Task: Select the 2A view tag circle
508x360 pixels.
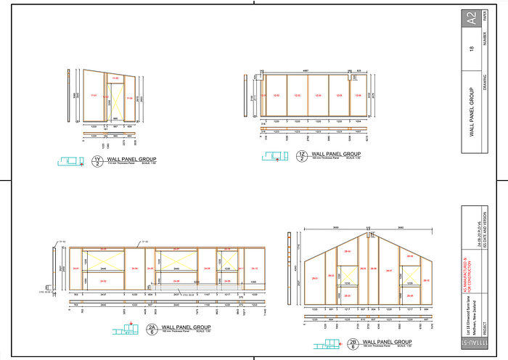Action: click(152, 329)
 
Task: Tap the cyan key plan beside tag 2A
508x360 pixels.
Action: click(125, 329)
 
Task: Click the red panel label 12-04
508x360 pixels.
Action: click(317, 94)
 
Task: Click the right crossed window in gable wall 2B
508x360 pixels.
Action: click(409, 274)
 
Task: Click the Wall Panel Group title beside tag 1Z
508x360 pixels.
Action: click(336, 154)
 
